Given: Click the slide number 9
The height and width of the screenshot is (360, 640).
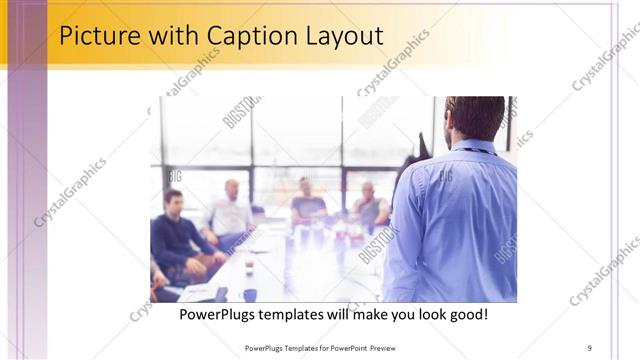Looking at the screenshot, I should coord(590,347).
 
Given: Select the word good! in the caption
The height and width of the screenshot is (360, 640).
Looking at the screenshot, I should coord(467,315).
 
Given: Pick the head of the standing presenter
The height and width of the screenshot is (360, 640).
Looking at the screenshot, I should coord(474,119).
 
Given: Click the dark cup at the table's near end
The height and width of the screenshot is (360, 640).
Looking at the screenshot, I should coord(249,294).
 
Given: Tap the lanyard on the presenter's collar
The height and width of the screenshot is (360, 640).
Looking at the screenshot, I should coord(480,149).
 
